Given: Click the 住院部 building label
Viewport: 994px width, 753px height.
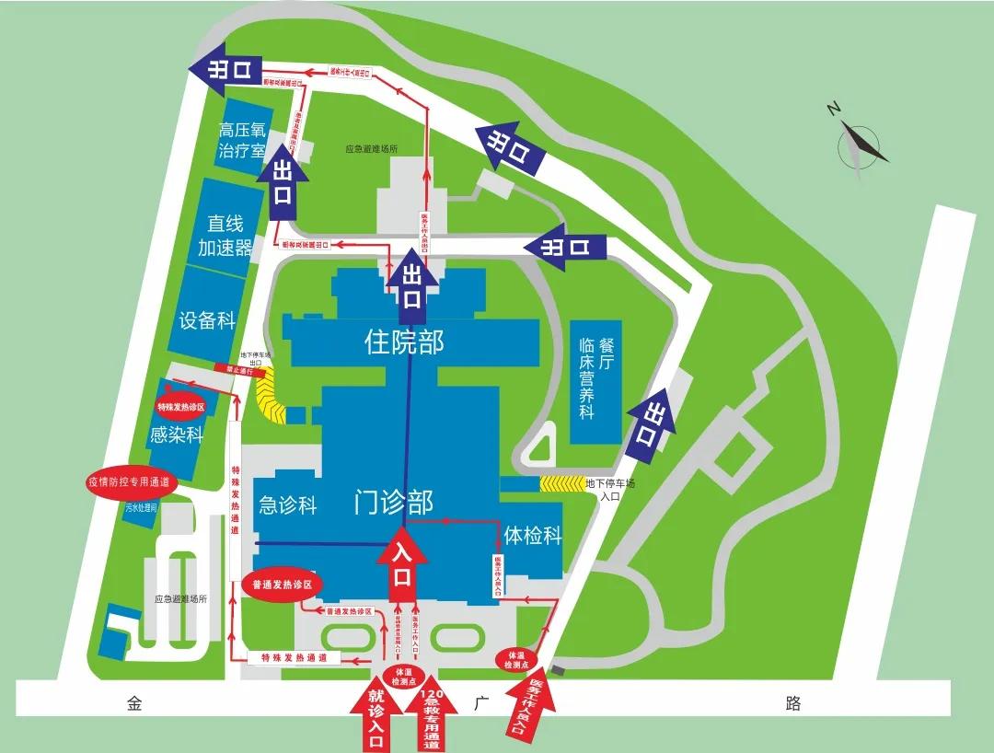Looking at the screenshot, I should (404, 342).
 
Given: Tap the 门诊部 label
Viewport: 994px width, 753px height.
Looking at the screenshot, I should (393, 502).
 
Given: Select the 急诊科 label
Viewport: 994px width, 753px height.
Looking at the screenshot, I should (288, 504).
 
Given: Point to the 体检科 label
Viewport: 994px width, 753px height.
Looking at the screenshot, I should (532, 535).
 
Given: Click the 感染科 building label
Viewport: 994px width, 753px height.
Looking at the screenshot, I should (176, 434).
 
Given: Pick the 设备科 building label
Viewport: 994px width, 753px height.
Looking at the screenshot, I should (207, 320).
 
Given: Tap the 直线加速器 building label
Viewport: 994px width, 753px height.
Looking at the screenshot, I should (225, 236).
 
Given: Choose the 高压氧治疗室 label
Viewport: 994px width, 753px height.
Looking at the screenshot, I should (242, 140).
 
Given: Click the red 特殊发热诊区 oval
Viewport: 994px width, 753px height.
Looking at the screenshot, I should (179, 406).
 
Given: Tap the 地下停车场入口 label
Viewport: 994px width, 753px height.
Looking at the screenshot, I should (610, 489).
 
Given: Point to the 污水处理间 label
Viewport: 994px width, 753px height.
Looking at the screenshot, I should (143, 507).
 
